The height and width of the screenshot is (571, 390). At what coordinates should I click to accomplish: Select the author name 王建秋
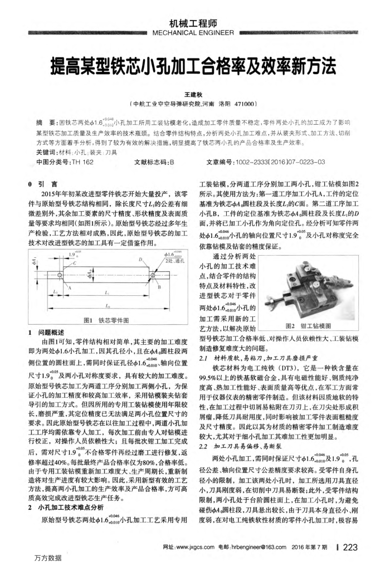[194, 96]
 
